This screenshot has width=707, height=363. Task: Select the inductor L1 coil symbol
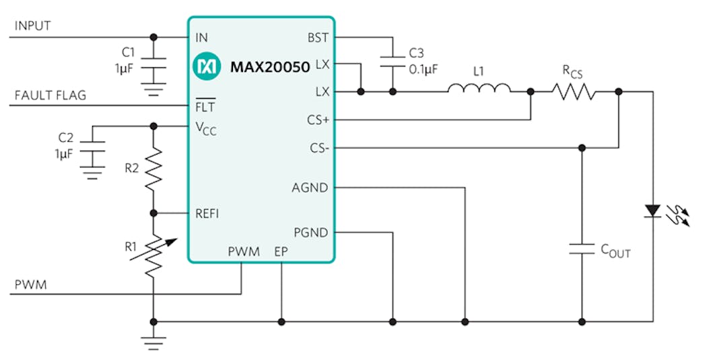pyautogui.click(x=479, y=90)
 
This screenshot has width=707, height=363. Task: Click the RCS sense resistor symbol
pyautogui.click(x=574, y=91)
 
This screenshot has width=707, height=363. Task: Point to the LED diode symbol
pyautogui.click(x=652, y=211)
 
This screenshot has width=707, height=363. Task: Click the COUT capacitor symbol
pyautogui.click(x=582, y=248)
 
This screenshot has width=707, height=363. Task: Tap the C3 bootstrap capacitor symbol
pyautogui.click(x=392, y=59)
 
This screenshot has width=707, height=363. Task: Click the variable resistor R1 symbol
pyautogui.click(x=154, y=256)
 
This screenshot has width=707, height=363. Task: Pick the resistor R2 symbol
pyautogui.click(x=154, y=169)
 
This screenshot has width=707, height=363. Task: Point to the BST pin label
pyautogui.click(x=318, y=38)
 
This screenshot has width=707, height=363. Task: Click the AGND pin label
pyautogui.click(x=310, y=188)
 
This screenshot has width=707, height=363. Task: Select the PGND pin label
pyautogui.click(x=310, y=233)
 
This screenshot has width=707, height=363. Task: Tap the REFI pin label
pyautogui.click(x=207, y=213)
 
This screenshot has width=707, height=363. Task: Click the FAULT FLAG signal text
pyautogui.click(x=50, y=95)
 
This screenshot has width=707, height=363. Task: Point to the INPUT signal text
pyautogui.click(x=32, y=26)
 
